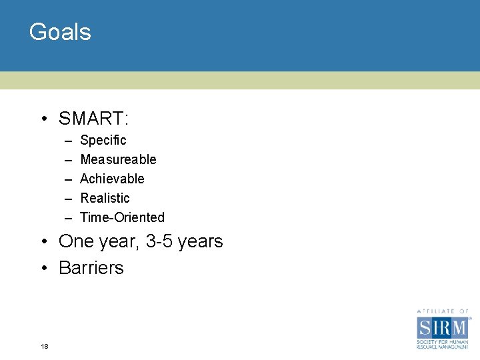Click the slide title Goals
tap(60, 32)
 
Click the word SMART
tap(92, 119)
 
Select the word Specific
tap(103, 141)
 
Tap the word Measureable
tap(118, 159)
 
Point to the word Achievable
tap(112, 179)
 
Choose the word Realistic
tap(105, 198)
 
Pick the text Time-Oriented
tap(122, 217)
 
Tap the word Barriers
tap(91, 267)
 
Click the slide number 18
tap(44, 346)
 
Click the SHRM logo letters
tap(443, 327)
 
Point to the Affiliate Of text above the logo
tap(443, 311)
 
